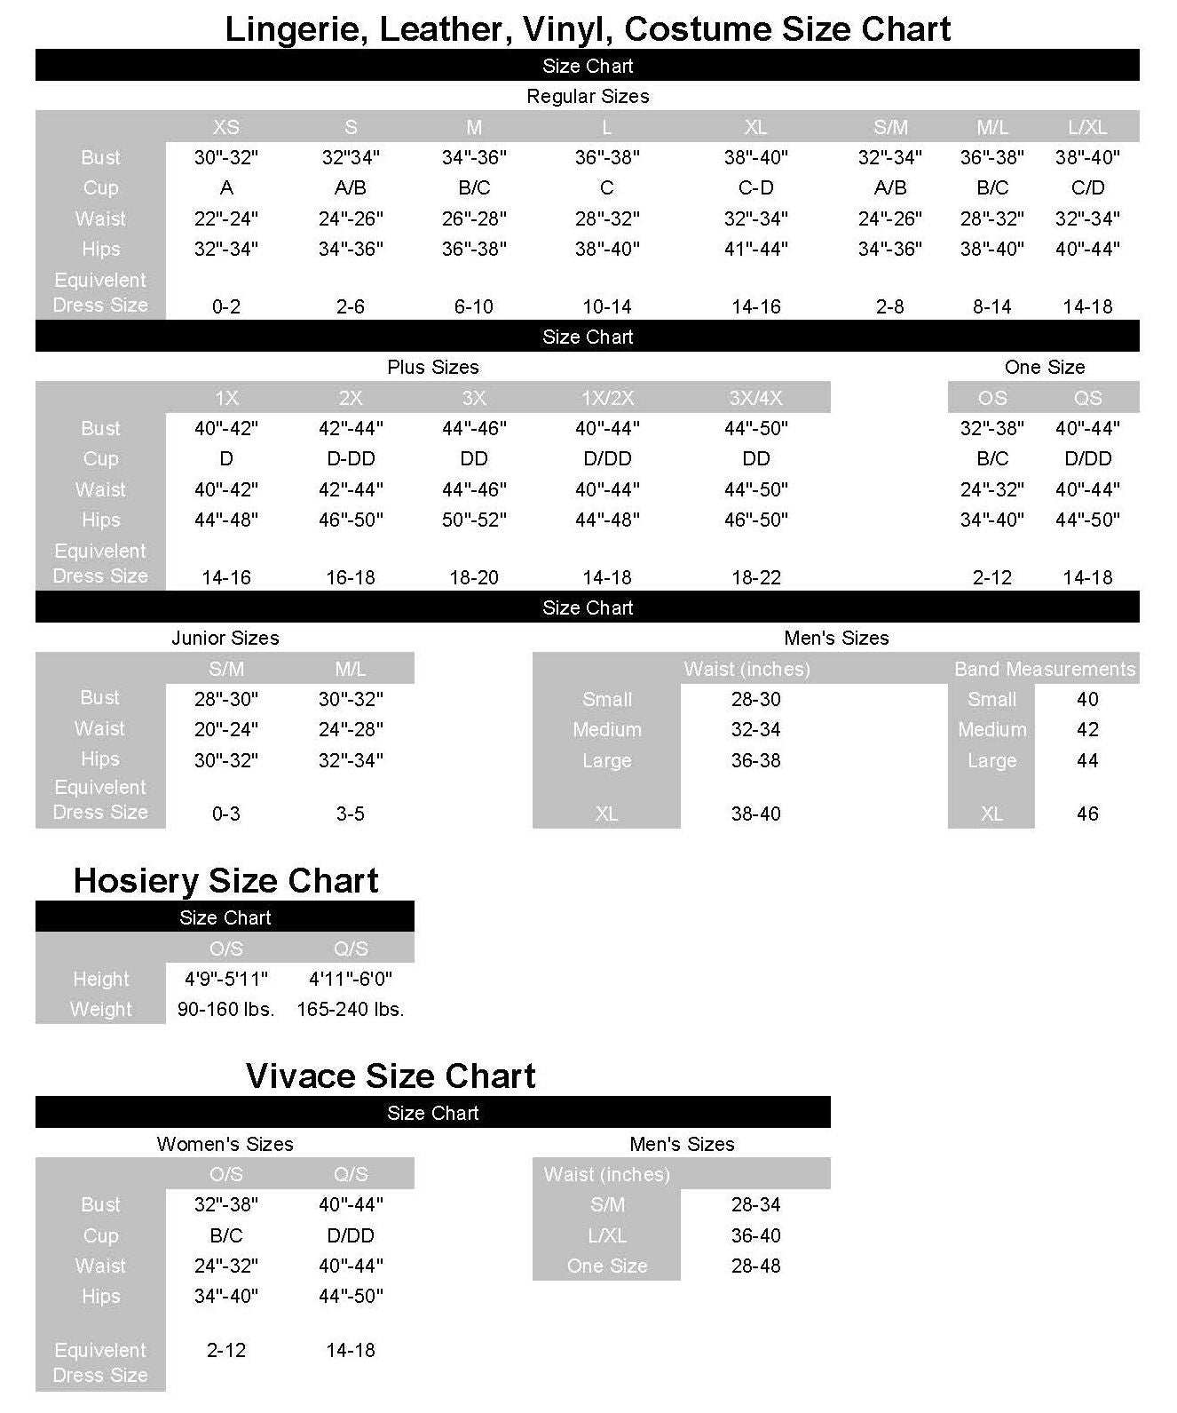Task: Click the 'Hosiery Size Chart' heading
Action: tap(225, 881)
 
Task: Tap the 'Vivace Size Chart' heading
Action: tap(391, 1076)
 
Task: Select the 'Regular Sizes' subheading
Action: tap(588, 96)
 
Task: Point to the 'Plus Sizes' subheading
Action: tap(432, 367)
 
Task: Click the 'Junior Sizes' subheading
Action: tap(225, 638)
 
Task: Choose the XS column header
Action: tap(226, 127)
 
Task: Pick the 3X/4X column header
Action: tap(755, 398)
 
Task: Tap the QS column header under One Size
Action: tap(1087, 398)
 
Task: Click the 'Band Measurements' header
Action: tap(1044, 669)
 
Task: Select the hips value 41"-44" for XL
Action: tap(755, 250)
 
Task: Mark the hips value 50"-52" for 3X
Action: tap(474, 520)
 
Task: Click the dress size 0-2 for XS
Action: tap(226, 307)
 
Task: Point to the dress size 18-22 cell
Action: tap(755, 578)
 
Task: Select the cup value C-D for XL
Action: tap(755, 188)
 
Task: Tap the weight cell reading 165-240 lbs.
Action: tap(351, 1010)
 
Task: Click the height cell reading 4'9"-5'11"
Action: tap(226, 979)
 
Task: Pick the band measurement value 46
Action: tap(1087, 814)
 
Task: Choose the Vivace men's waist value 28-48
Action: tap(755, 1266)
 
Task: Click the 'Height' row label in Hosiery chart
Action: tap(100, 979)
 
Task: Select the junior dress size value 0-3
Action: tap(226, 814)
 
